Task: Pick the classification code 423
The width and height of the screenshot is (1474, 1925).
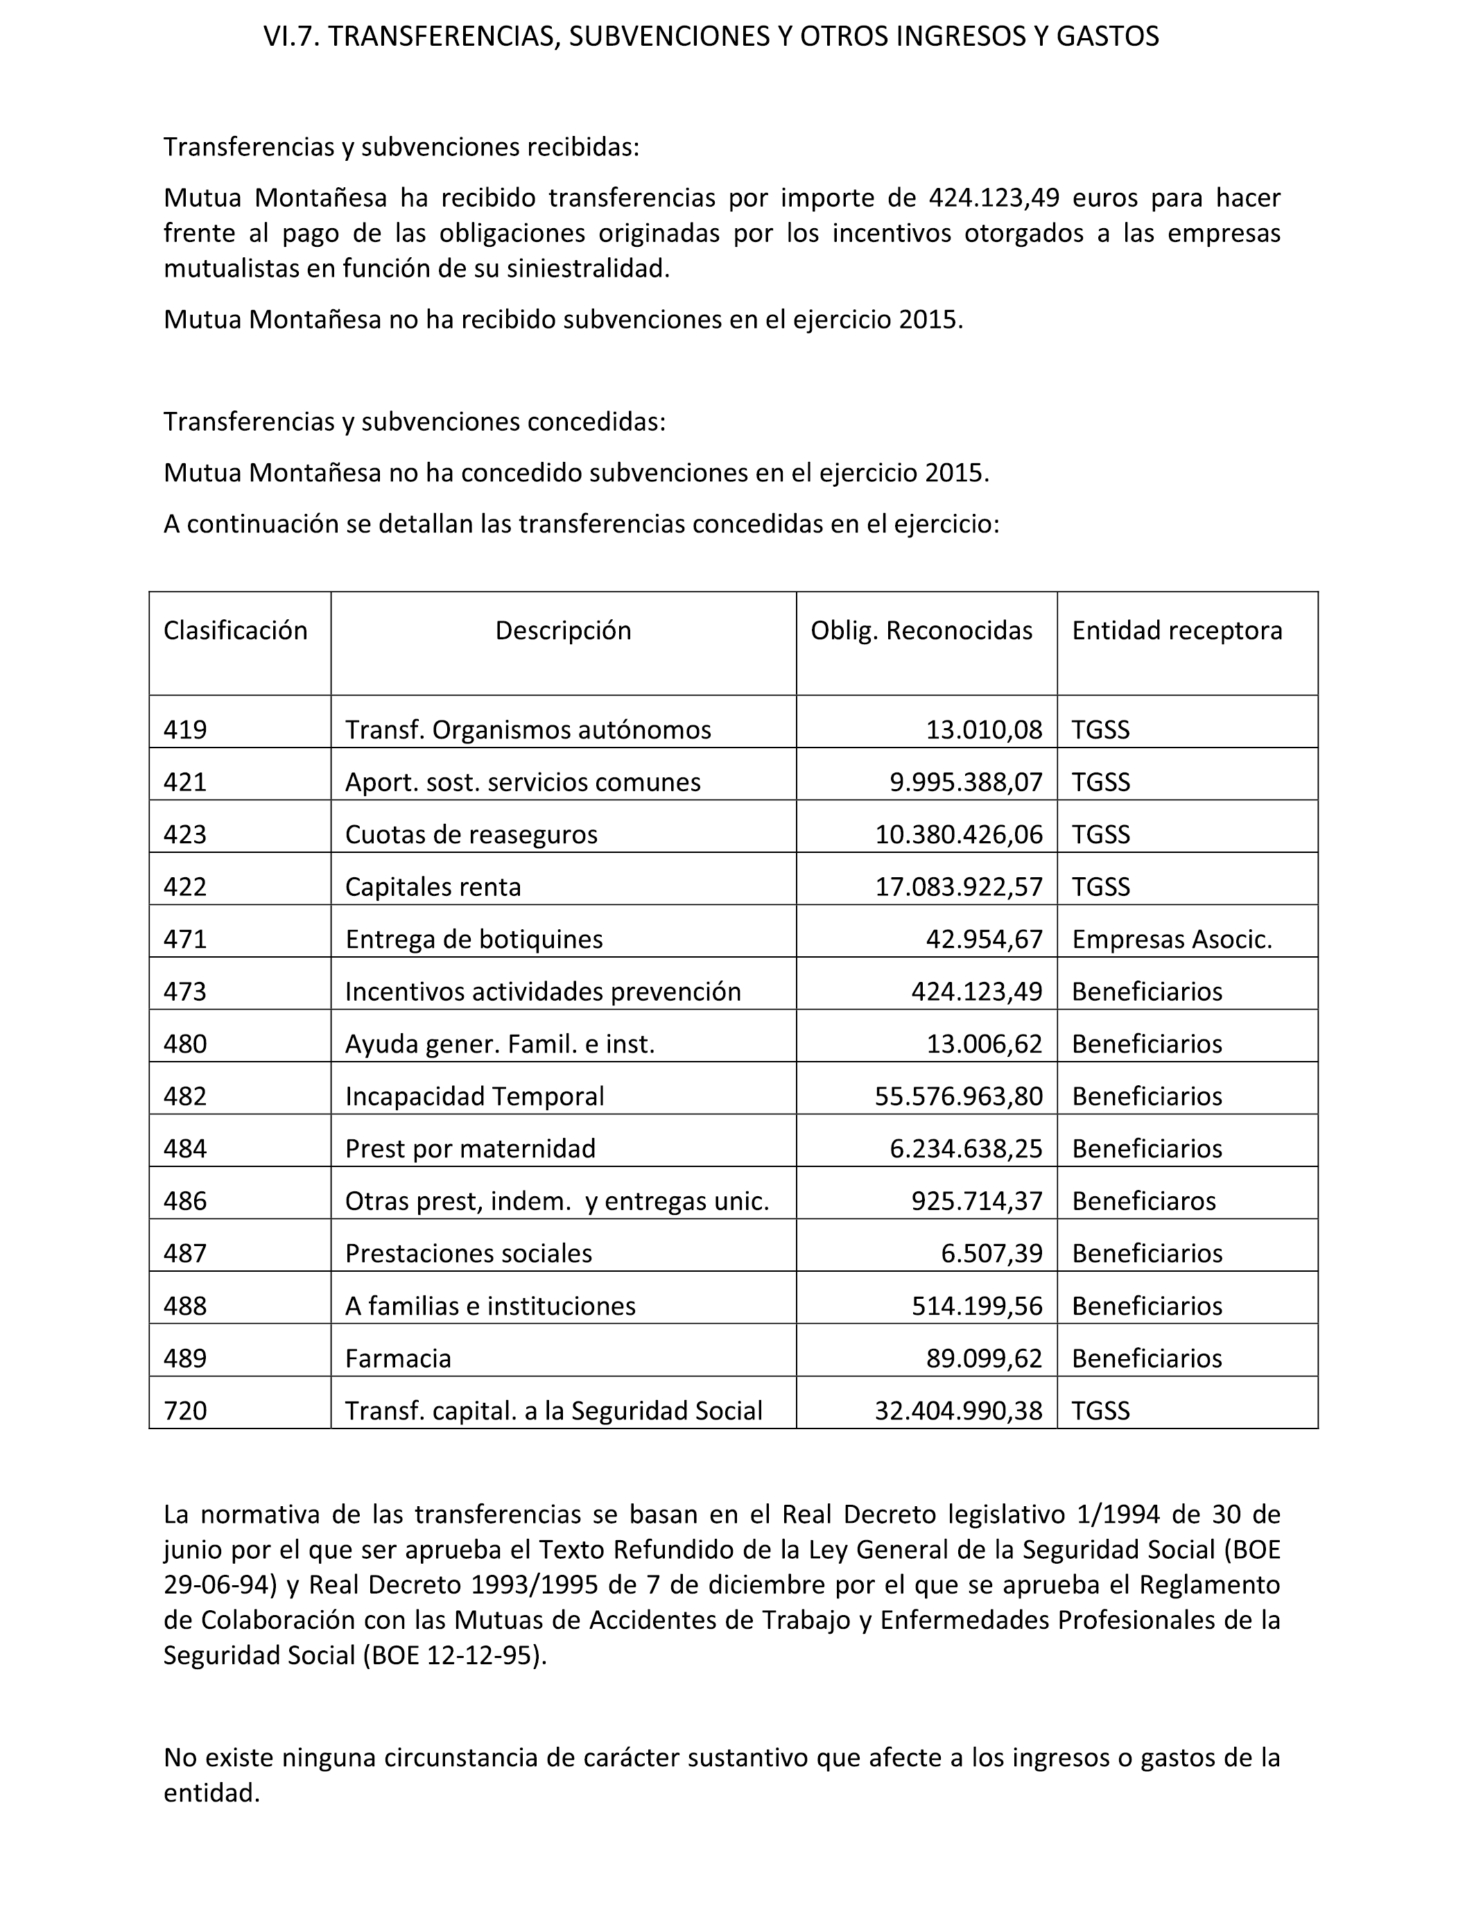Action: coord(185,834)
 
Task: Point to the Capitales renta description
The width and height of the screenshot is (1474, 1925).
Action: coord(433,886)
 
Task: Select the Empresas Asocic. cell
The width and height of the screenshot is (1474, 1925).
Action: coord(1171,939)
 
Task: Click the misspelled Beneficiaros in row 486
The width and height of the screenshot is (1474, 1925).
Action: coord(1143,1200)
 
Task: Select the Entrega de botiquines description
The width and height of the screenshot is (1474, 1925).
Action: coord(474,939)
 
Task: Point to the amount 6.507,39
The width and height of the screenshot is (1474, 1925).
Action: coord(991,1253)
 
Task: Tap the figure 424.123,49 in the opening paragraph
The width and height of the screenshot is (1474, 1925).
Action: coord(998,198)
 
